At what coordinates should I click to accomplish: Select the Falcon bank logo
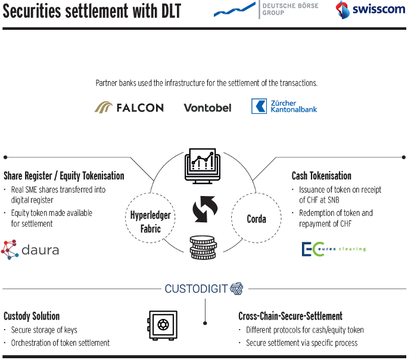[x=129, y=107]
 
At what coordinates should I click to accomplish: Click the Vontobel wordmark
[x=205, y=108]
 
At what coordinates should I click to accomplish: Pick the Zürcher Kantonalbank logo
[x=284, y=107]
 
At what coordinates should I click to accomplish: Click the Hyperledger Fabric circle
[x=150, y=221]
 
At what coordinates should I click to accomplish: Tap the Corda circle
[x=256, y=219]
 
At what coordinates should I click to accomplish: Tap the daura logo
[x=30, y=249]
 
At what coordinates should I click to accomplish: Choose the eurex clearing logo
[x=334, y=249]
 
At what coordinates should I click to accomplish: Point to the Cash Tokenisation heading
[x=321, y=176]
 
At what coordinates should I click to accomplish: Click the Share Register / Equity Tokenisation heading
[x=64, y=176]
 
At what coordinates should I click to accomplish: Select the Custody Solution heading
[x=32, y=316]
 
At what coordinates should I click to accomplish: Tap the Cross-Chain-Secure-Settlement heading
[x=290, y=316]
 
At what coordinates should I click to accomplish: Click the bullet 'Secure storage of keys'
[x=44, y=330]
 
